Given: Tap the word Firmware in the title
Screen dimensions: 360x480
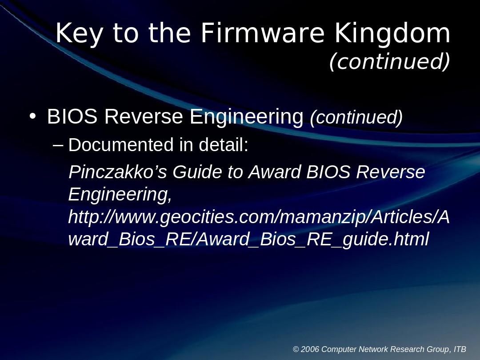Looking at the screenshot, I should coord(263,33).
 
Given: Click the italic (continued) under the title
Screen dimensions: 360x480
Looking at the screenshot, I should coord(389,61).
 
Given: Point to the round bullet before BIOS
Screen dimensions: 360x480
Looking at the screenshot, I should coord(32,116).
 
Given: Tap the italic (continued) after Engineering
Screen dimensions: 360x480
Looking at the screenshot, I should coord(356,117).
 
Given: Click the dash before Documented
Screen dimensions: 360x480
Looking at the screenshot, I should coord(58,144).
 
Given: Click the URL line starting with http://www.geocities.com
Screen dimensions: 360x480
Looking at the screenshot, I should coord(259,217).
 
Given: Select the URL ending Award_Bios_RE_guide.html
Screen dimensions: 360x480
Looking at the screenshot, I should coord(248,240).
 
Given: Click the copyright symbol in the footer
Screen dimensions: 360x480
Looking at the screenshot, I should coord(296,349).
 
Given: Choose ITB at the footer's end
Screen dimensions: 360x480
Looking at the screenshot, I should coord(460,349).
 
